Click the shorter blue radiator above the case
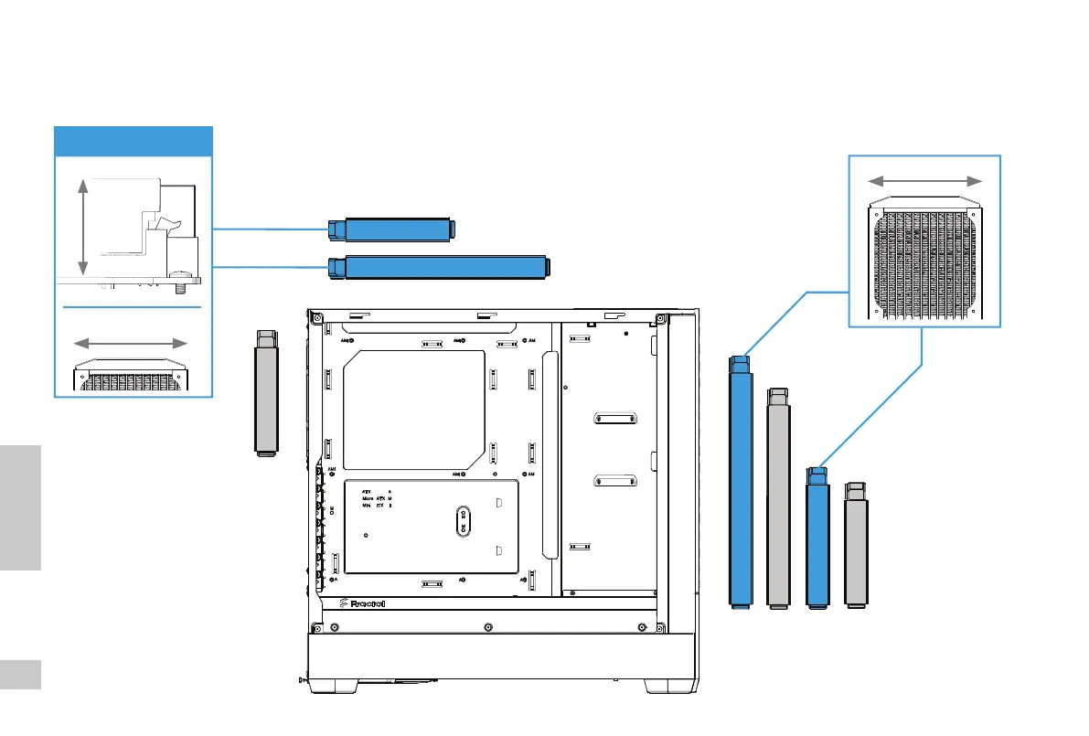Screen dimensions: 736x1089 (392, 229)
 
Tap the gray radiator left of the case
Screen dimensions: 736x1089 (265, 394)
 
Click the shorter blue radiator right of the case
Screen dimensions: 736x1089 (817, 539)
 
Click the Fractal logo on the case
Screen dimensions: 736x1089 (362, 603)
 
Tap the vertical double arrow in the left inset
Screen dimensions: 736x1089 (83, 227)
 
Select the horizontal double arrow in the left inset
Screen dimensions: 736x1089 (131, 344)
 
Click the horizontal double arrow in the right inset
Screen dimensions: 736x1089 (924, 180)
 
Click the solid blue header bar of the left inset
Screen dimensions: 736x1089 (133, 142)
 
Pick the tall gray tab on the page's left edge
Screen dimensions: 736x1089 (21, 508)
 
